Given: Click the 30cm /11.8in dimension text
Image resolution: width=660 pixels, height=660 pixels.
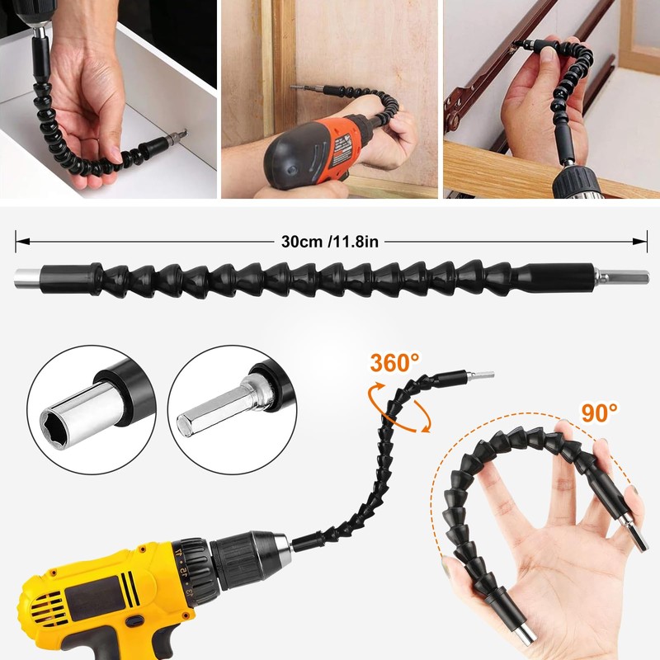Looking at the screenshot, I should pyautogui.click(x=331, y=242).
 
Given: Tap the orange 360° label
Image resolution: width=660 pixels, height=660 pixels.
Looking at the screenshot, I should pyautogui.click(x=394, y=363).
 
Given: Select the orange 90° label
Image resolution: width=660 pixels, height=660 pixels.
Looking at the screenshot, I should pyautogui.click(x=599, y=412).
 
